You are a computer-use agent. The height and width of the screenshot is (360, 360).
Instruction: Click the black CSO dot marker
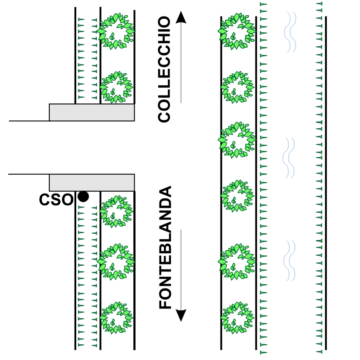pyautogui.click(x=83, y=197)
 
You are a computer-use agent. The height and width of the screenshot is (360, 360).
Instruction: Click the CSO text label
pyautogui.click(x=56, y=200)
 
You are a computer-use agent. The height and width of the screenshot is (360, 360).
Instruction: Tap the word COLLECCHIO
pyautogui.click(x=164, y=69)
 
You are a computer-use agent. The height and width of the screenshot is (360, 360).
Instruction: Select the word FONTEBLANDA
pyautogui.click(x=165, y=247)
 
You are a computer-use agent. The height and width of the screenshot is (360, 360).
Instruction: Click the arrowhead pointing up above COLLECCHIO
pyautogui.click(x=181, y=17)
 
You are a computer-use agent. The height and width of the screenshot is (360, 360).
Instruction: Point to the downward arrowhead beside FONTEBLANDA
pyautogui.click(x=181, y=315)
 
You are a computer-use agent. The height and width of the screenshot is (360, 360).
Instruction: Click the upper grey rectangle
pyautogui.click(x=92, y=112)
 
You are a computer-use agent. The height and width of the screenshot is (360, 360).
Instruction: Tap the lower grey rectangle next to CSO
pyautogui.click(x=92, y=183)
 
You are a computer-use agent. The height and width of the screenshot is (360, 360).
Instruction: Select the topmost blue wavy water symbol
pyautogui.click(x=290, y=32)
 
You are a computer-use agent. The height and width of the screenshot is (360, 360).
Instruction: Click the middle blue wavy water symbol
pyautogui.click(x=289, y=158)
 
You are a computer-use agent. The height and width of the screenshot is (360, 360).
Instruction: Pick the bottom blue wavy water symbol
pyautogui.click(x=289, y=261)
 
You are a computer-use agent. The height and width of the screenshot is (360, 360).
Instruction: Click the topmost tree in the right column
pyautogui.click(x=237, y=31)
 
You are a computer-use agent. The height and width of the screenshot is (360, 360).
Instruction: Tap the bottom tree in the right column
pyautogui.click(x=238, y=318)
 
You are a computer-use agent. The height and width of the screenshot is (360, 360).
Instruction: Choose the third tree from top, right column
pyautogui.click(x=237, y=140)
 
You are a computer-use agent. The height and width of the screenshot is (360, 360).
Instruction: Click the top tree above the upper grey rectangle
pyautogui.click(x=116, y=31)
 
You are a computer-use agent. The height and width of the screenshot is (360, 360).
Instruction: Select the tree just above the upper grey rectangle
pyautogui.click(x=116, y=87)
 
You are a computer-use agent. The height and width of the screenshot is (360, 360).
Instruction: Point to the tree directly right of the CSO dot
pyautogui.click(x=116, y=211)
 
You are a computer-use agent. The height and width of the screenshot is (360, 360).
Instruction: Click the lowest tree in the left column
pyautogui.click(x=116, y=318)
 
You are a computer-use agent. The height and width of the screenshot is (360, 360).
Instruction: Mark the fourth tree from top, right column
pyautogui.click(x=238, y=196)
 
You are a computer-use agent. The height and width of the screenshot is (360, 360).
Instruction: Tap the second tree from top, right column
pyautogui.click(x=238, y=87)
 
